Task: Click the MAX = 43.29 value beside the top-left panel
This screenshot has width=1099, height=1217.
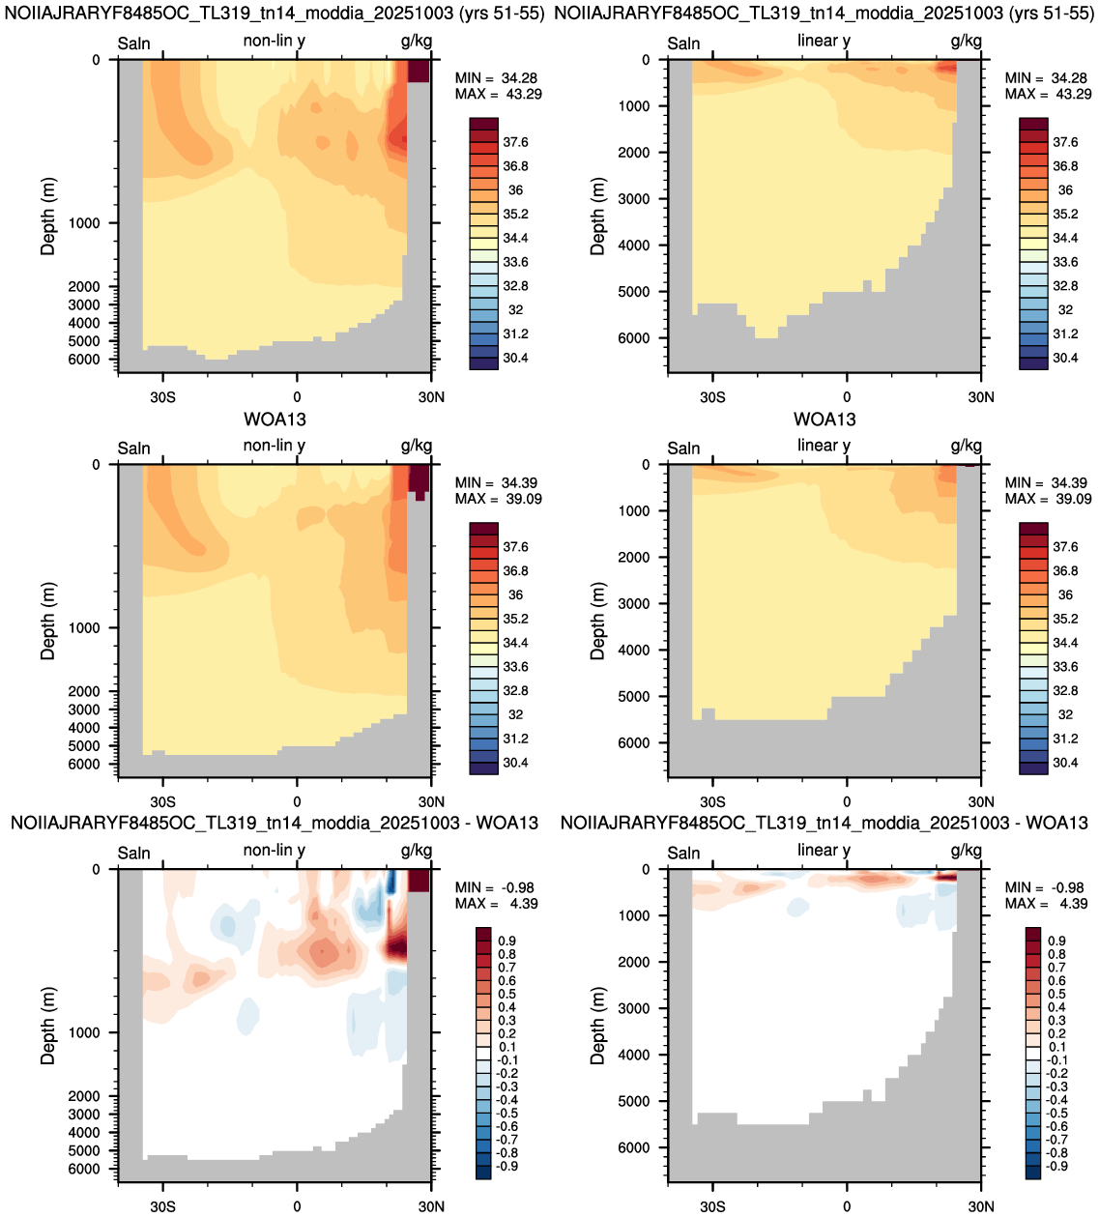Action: (498, 94)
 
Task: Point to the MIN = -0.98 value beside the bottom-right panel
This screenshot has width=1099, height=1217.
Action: (1044, 887)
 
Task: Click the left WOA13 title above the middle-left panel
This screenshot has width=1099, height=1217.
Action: (275, 420)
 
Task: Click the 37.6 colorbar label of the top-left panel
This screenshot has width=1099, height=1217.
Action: (515, 142)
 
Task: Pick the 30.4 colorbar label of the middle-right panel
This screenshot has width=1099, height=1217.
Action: (1065, 763)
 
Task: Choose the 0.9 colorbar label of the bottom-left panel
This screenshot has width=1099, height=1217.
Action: (506, 941)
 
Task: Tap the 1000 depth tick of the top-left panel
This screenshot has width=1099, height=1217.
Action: (84, 223)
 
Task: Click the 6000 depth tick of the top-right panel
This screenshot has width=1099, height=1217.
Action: (633, 338)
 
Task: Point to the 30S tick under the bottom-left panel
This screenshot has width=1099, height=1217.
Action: (162, 1206)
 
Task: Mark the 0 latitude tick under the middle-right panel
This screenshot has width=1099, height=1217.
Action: (847, 802)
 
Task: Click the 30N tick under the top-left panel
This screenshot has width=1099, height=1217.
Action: (431, 397)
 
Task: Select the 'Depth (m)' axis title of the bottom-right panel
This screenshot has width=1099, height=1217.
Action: (597, 1026)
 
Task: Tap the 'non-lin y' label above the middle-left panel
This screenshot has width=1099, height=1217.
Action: (275, 446)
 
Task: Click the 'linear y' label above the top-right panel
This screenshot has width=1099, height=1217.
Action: (824, 41)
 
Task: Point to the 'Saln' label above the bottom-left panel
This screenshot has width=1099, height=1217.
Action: (133, 853)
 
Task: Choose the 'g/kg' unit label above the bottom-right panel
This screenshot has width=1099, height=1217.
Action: (967, 851)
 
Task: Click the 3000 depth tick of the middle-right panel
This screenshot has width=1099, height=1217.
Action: (633, 603)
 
